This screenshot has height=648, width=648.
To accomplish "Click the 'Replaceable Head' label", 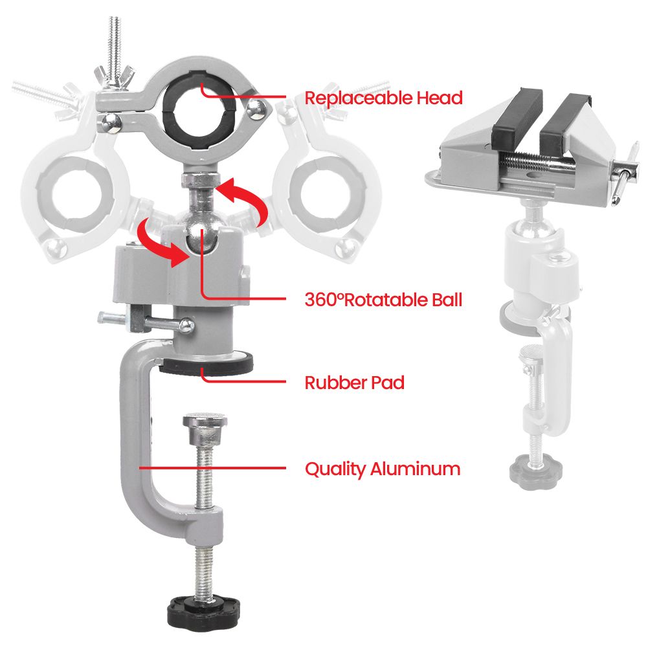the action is tap(383, 98).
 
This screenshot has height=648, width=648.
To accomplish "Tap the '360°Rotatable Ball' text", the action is tap(383, 300).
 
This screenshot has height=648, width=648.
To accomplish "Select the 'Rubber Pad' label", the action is tap(354, 383).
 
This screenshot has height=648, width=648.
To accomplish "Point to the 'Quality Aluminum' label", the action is tap(383, 469).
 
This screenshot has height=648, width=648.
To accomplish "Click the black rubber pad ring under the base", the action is tap(206, 364).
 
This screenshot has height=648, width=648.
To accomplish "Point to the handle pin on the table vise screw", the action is tap(623, 173).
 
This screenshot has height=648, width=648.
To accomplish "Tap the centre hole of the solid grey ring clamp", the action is tap(199, 111).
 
